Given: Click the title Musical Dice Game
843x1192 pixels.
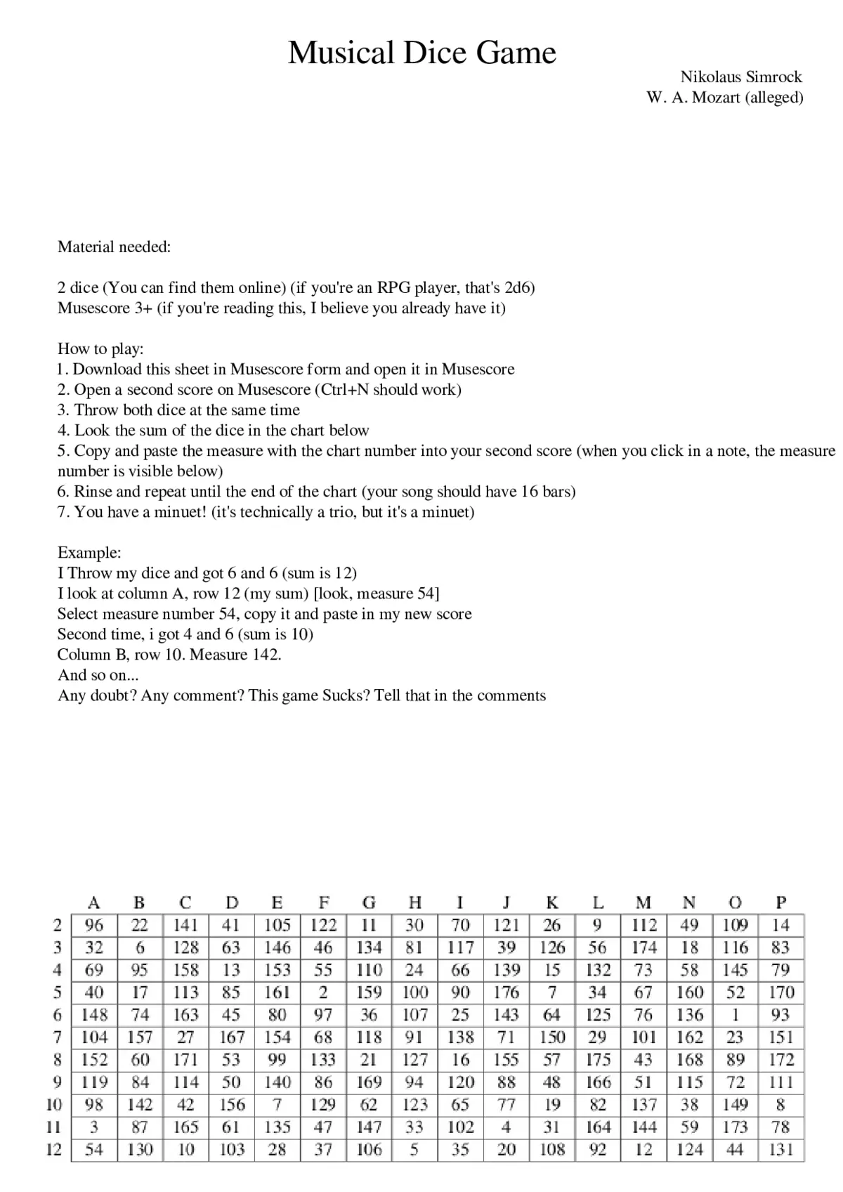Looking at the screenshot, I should coord(421,53).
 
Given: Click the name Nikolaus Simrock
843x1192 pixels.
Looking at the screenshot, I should coord(740,77).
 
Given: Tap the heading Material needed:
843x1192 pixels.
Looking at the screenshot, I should coord(114,247).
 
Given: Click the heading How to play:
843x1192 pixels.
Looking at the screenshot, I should coord(100,348).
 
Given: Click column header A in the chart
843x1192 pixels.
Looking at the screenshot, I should coord(93,902).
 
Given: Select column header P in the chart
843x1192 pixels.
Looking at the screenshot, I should coord(780,902).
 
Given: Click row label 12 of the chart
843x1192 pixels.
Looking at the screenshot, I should coord(54,1149).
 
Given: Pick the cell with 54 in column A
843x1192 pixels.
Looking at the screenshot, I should coord(93,1149).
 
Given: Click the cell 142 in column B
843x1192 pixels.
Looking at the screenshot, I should coord(140,1104).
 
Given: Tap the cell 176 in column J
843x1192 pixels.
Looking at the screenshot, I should coord(506,992).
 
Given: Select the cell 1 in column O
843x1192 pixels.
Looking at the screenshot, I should coord(735,1014).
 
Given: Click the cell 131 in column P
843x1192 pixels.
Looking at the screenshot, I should coord(780,1149).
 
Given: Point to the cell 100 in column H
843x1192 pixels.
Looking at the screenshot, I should coord(414,992).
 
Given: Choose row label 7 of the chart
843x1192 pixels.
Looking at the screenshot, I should coord(58,1037).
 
